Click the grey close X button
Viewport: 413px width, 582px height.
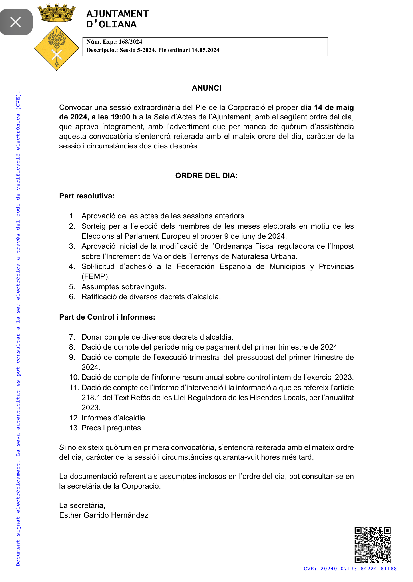pyautogui.click(x=16, y=22)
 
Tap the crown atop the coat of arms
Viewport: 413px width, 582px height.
pyautogui.click(x=57, y=13)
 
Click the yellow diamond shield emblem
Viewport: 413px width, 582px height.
pyautogui.click(x=57, y=48)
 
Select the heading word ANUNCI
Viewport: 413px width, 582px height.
pyautogui.click(x=206, y=88)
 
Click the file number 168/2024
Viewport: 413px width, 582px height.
pyautogui.click(x=130, y=42)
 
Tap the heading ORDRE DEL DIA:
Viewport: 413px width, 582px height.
pyautogui.click(x=206, y=176)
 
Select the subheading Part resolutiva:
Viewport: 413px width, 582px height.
pyautogui.click(x=87, y=196)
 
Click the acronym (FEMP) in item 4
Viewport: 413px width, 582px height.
pyautogui.click(x=96, y=276)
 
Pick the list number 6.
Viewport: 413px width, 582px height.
pyautogui.click(x=72, y=297)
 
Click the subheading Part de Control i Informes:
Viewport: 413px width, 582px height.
pyautogui.click(x=107, y=317)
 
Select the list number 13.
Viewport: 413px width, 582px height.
pyautogui.click(x=74, y=428)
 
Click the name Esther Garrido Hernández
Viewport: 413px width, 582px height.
pyautogui.click(x=104, y=515)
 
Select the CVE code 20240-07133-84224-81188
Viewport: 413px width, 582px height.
pyautogui.click(x=358, y=569)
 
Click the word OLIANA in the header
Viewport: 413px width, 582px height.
pyautogui.click(x=118, y=25)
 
